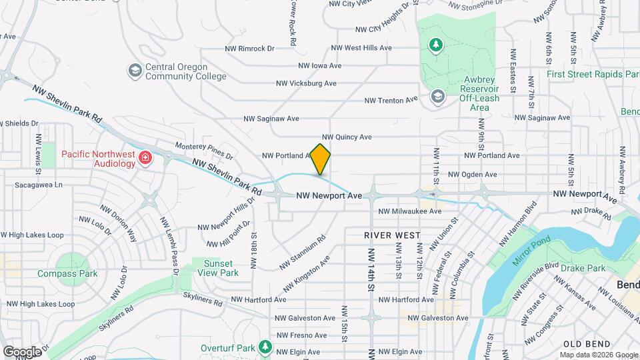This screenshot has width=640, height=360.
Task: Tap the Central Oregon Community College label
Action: tap(177, 71)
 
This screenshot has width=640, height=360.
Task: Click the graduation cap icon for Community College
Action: tap(135, 70)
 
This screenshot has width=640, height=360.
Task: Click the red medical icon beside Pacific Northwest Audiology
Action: tap(145, 158)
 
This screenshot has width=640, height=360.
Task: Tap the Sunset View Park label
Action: tap(218, 268)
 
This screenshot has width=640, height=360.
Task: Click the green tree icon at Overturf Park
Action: tap(265, 347)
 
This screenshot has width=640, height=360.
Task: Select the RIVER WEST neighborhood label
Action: tap(392, 235)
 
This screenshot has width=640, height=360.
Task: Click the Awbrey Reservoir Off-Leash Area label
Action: tap(479, 93)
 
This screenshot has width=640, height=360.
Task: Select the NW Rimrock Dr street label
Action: tap(249, 48)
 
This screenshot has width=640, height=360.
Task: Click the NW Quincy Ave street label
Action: tap(347, 137)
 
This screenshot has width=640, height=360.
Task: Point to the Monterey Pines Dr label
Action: tap(204, 151)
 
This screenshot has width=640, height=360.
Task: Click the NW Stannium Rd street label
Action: tap(302, 251)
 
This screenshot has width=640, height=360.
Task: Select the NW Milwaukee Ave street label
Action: tap(409, 211)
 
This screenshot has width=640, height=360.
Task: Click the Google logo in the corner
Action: tap(22, 351)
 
